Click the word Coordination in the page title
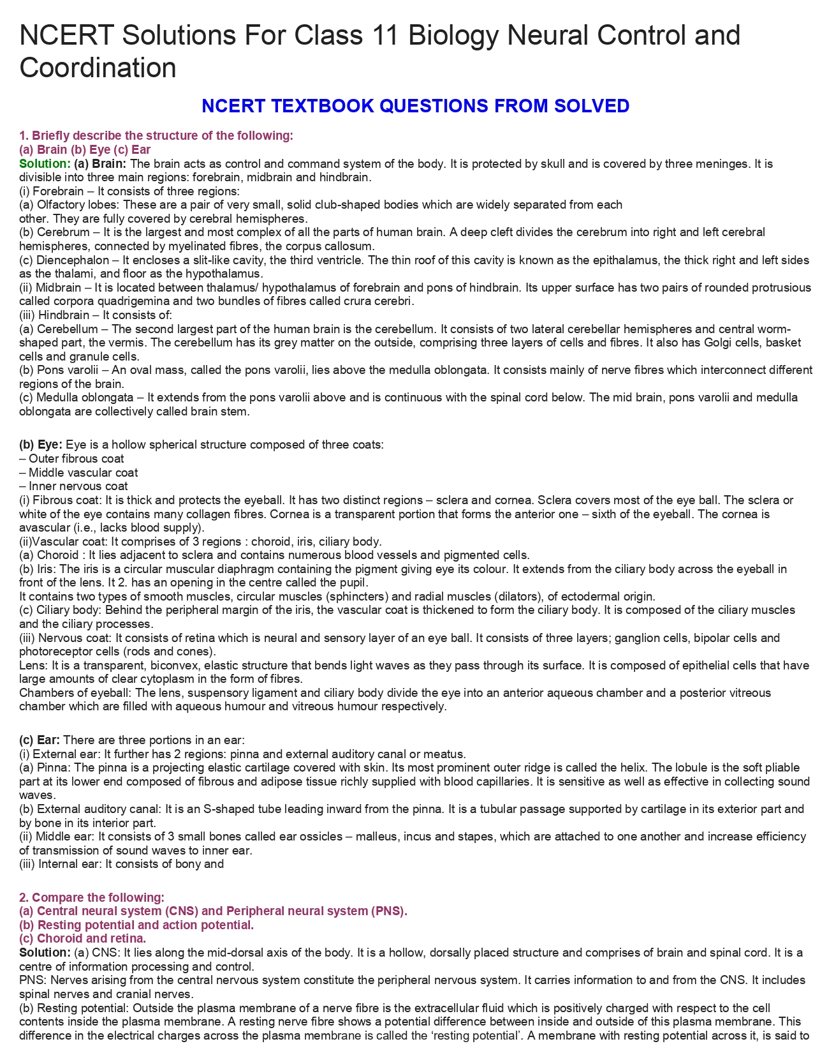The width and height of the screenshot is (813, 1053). (98, 68)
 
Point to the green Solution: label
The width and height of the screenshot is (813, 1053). (45, 163)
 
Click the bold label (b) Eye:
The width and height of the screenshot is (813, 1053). (41, 444)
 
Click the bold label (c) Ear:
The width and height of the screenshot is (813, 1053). (40, 740)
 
